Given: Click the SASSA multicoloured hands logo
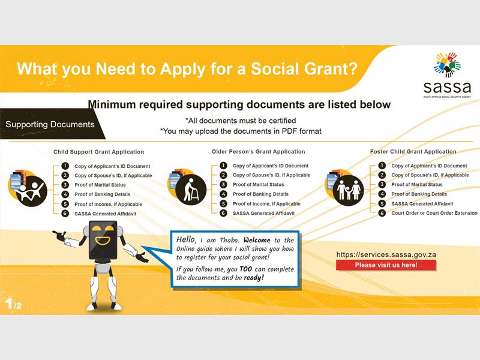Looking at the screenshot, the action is (x=447, y=65).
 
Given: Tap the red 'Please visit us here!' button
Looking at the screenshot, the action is (x=386, y=265).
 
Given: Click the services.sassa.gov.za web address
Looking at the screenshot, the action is (x=386, y=254).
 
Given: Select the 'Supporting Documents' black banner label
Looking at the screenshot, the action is (x=50, y=124).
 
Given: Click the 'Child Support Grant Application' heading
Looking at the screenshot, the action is (x=98, y=152).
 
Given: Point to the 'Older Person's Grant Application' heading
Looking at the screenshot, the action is (x=259, y=152).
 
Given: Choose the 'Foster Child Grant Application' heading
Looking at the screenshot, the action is (x=413, y=152).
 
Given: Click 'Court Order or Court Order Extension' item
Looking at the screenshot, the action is (x=434, y=213).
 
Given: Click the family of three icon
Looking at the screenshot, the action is (x=349, y=190).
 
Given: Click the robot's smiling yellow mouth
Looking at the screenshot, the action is (x=103, y=240).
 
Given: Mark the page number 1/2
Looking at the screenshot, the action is (x=13, y=304).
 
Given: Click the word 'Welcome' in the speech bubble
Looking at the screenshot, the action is (x=257, y=240).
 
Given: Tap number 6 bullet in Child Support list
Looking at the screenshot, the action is (x=65, y=214).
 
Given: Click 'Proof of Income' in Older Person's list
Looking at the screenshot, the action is (x=266, y=204).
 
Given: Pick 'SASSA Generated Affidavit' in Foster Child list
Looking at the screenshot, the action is (x=422, y=204).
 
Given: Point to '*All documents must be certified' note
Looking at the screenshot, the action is (x=241, y=121).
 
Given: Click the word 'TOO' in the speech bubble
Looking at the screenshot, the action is (x=246, y=269).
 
